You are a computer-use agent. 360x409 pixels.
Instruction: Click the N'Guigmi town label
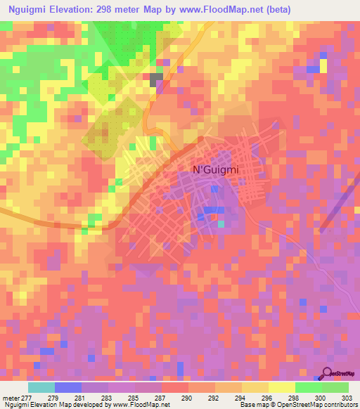tap(211, 169)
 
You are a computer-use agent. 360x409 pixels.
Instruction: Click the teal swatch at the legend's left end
tap(41, 387)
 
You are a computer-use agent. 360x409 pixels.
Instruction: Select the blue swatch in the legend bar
tap(68, 387)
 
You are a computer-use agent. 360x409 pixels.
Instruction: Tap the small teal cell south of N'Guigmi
tap(221, 224)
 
